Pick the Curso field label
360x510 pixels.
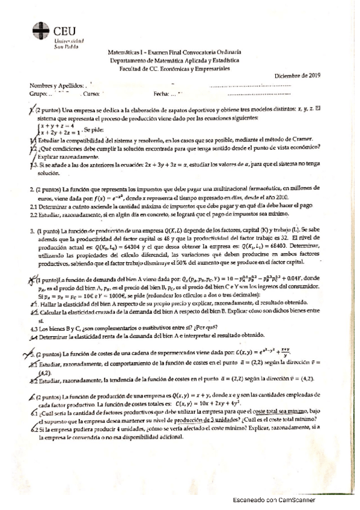coord(90,94)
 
